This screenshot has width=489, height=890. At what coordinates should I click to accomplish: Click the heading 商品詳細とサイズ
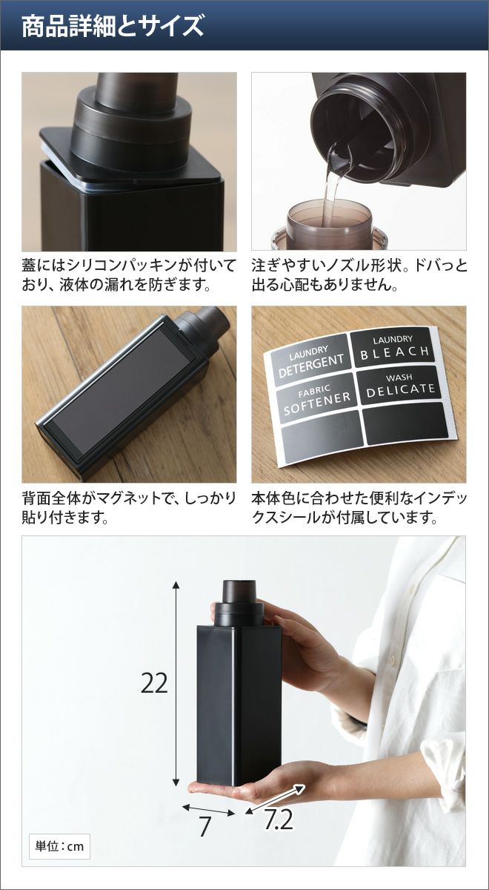click(x=113, y=27)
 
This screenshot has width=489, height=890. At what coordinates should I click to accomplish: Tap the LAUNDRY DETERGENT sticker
click(x=310, y=360)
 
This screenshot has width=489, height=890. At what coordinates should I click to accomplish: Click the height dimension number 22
click(x=154, y=683)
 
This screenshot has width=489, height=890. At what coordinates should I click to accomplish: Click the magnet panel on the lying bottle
click(x=124, y=392)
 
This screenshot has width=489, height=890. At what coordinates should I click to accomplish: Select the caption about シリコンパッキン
click(x=129, y=275)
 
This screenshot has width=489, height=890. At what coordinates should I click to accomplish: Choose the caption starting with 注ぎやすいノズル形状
click(x=359, y=275)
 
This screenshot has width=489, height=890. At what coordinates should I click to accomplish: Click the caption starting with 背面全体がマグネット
click(x=129, y=507)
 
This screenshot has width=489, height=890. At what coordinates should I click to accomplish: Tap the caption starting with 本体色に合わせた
click(x=359, y=507)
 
